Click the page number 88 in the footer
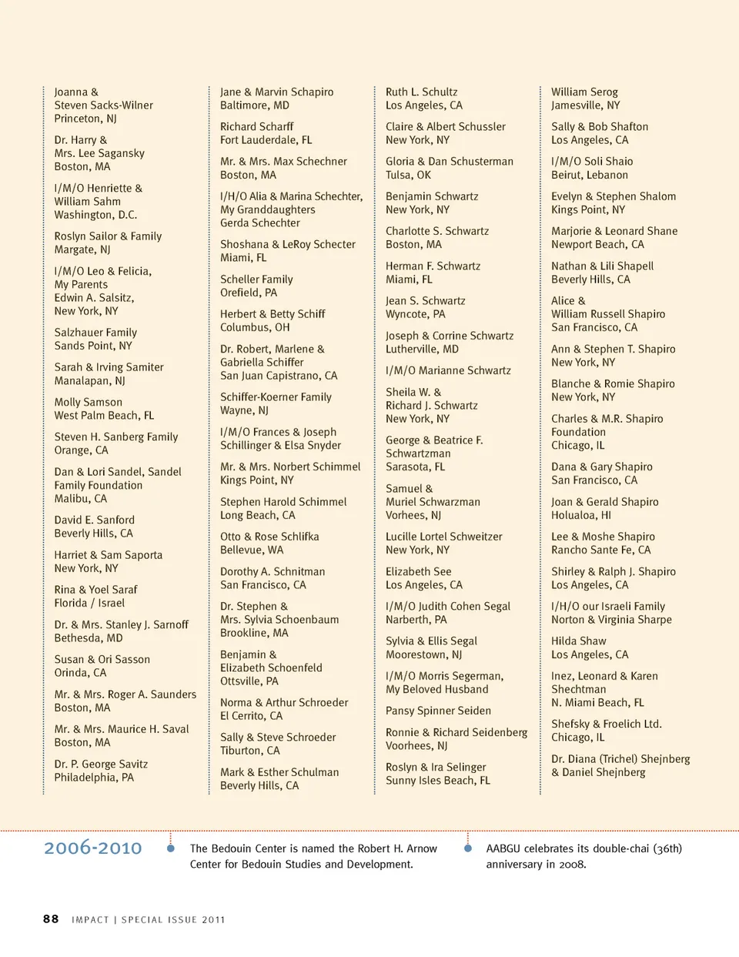pyautogui.click(x=51, y=919)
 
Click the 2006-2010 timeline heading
pyautogui.click(x=93, y=848)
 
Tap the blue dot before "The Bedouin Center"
pyautogui.click(x=171, y=848)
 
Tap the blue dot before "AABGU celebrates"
pyautogui.click(x=467, y=848)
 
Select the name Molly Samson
pyautogui.click(x=88, y=402)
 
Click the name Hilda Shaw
pyautogui.click(x=578, y=641)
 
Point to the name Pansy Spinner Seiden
pyautogui.click(x=438, y=711)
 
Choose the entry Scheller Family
pyautogui.click(x=256, y=279)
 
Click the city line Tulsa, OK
pyautogui.click(x=408, y=175)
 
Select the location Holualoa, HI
pyautogui.click(x=581, y=515)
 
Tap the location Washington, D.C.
pyautogui.click(x=95, y=215)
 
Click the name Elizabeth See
pyautogui.click(x=418, y=571)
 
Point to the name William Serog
pyautogui.click(x=584, y=92)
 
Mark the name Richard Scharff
pyautogui.click(x=256, y=126)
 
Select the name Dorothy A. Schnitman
pyautogui.click(x=273, y=571)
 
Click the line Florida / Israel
pyautogui.click(x=89, y=603)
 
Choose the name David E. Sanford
pyautogui.click(x=94, y=520)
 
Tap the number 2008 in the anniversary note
pyautogui.click(x=573, y=864)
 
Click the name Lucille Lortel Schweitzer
pyautogui.click(x=443, y=537)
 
